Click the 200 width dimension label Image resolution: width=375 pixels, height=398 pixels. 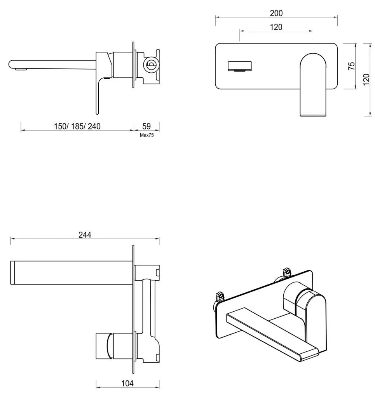[x=276, y=13]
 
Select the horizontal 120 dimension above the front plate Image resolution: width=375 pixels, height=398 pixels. [x=276, y=27]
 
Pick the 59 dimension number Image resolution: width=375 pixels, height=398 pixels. [x=147, y=126]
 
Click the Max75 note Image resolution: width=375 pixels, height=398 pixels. [x=147, y=135]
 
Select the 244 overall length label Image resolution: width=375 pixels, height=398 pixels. [x=85, y=235]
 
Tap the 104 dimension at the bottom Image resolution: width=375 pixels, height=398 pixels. [x=127, y=384]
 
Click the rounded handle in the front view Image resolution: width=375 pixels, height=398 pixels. [x=313, y=84]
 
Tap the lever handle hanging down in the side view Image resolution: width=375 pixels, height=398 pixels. [x=98, y=95]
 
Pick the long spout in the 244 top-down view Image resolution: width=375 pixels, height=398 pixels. [x=70, y=273]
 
